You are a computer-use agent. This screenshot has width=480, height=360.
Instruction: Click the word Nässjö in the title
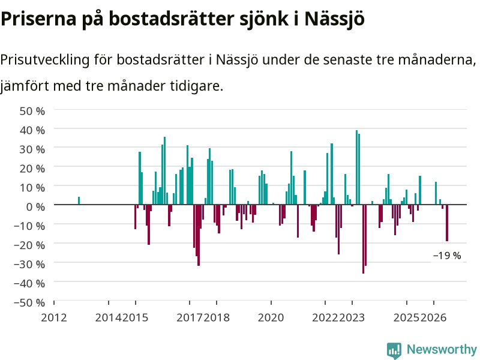(x=334, y=19)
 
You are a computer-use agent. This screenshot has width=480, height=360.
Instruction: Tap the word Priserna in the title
(x=38, y=19)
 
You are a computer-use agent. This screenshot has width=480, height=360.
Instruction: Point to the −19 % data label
(x=447, y=256)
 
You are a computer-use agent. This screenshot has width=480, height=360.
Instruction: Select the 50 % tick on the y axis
(x=32, y=111)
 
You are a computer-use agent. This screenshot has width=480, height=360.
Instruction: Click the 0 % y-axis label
(x=35, y=207)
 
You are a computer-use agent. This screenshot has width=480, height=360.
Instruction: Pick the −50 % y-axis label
(x=29, y=303)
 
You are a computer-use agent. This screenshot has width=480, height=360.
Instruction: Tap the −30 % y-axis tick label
(x=29, y=264)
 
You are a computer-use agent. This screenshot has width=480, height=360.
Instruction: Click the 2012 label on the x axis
(x=54, y=317)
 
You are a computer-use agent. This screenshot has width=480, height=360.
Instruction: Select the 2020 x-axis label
(x=271, y=317)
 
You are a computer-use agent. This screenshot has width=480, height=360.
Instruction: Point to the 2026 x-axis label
(x=433, y=317)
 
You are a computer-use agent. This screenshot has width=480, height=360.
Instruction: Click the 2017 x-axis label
(x=190, y=317)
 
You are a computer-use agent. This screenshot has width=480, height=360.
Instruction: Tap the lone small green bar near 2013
(x=79, y=200)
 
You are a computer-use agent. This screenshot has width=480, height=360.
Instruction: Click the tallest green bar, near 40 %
(x=356, y=167)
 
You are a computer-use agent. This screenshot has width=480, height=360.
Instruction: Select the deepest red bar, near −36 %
(x=364, y=239)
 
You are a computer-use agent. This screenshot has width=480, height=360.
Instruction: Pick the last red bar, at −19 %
(x=447, y=223)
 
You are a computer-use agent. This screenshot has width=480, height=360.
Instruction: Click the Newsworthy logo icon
(x=394, y=350)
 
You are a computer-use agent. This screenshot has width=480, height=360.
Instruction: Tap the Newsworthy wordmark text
(x=442, y=349)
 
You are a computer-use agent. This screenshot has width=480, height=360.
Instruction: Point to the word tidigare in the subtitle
(x=197, y=86)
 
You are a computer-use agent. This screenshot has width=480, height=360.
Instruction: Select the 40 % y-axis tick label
(x=32, y=130)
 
